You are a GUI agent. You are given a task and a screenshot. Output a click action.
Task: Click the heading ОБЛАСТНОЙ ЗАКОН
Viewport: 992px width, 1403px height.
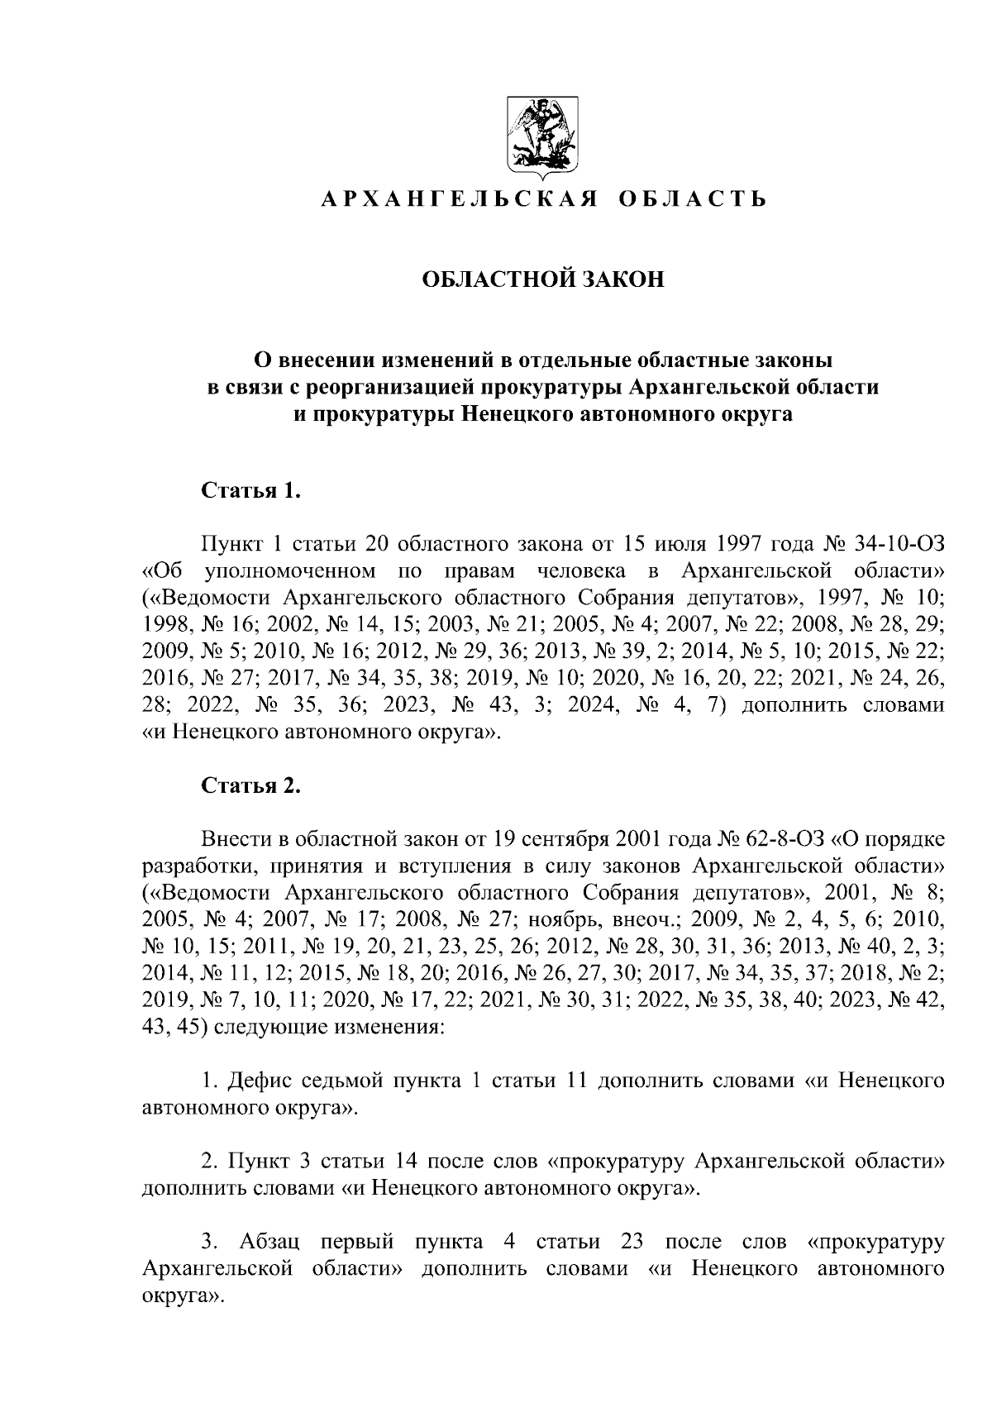click(x=543, y=280)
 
